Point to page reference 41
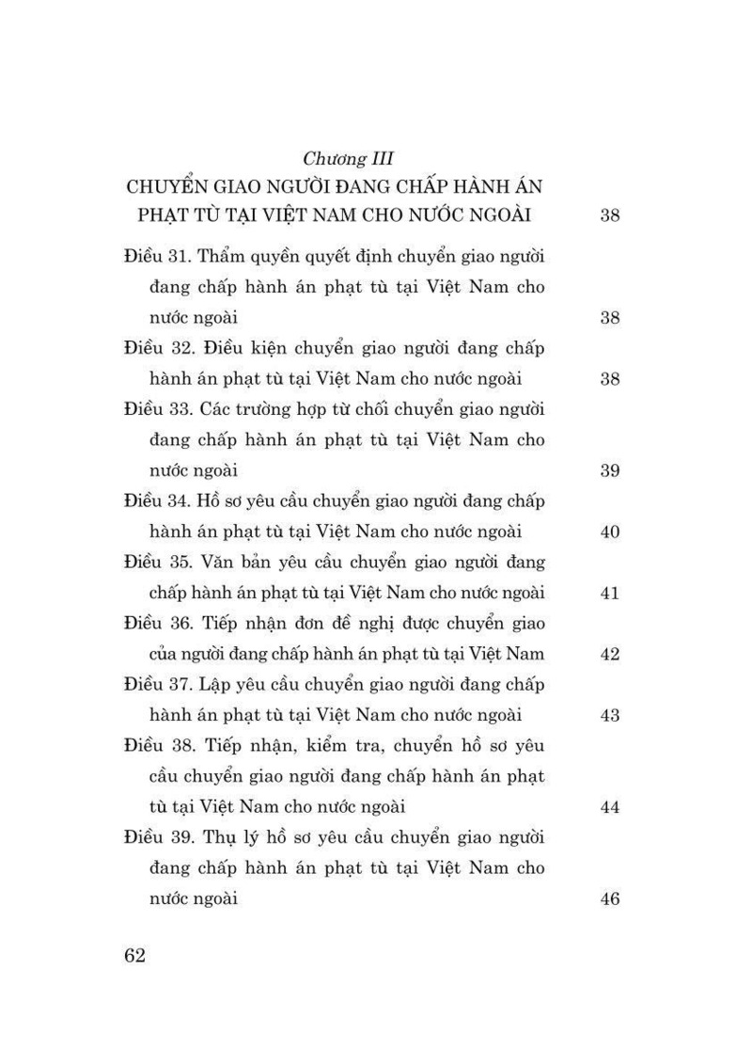(609, 594)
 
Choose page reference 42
(609, 655)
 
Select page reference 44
(609, 807)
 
